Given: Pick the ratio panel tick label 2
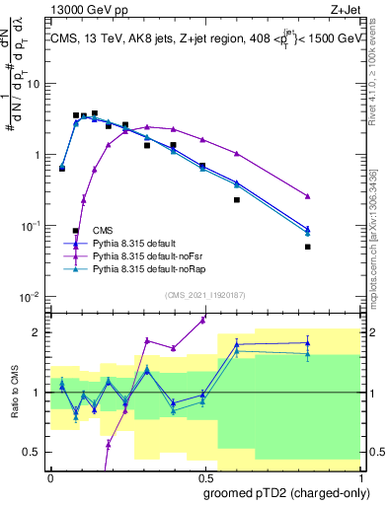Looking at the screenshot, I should tap(38, 331).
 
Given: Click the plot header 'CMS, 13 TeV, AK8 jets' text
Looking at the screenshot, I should tap(118, 38).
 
